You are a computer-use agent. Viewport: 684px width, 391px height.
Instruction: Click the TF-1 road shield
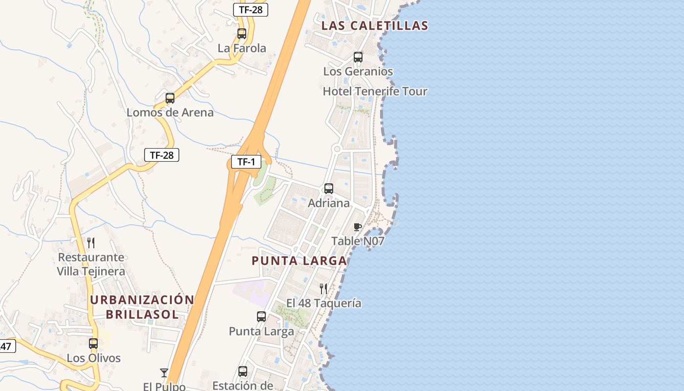coord(246,162)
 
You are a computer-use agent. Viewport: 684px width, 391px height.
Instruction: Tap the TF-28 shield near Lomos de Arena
coord(162,155)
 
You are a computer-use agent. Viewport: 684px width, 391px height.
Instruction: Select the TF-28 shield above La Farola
coord(251,9)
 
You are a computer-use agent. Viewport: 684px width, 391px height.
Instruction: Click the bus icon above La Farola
coord(242,34)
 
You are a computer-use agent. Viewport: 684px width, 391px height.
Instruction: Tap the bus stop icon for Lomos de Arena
coord(170,98)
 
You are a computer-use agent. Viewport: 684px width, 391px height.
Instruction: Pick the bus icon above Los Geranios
coord(358,57)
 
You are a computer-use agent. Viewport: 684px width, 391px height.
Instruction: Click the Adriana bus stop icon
coord(329,189)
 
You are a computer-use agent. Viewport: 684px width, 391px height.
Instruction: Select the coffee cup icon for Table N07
coord(358,227)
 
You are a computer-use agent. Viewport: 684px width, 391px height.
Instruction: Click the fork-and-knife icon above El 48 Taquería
coord(323,289)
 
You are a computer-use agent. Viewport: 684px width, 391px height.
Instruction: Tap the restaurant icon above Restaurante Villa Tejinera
coord(91,243)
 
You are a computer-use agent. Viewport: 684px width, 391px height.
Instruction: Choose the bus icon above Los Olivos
coord(93,344)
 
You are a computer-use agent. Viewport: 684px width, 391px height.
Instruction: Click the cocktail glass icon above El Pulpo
coord(164,373)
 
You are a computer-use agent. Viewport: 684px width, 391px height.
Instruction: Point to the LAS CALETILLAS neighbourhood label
coord(375,26)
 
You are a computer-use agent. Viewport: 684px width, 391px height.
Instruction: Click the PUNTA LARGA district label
coord(299,261)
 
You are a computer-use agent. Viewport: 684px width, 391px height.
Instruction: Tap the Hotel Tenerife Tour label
coord(375,91)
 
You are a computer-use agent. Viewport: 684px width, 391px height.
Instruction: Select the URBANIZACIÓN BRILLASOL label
coord(142,307)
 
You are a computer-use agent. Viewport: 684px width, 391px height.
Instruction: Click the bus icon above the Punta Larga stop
coord(261,317)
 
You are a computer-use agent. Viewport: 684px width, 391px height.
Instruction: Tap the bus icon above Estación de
coord(243,371)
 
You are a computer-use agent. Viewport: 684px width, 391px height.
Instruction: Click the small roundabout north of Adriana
coord(337,149)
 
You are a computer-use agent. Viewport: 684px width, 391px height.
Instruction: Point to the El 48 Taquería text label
coord(324,304)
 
